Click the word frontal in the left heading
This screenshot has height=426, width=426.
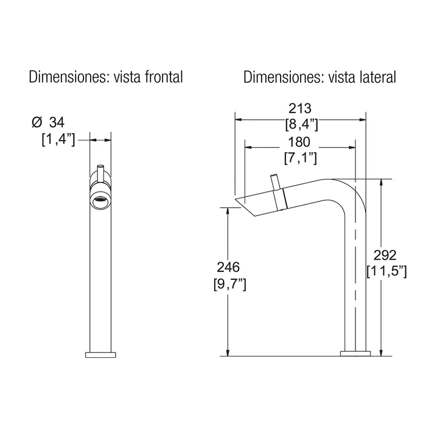[x=164, y=77]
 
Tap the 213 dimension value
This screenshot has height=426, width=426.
[x=300, y=108]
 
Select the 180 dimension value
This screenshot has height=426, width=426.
[x=299, y=142]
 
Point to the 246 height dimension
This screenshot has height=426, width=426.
[x=228, y=267]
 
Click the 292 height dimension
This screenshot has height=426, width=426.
[x=385, y=255]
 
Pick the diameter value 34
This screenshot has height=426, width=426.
[x=57, y=122]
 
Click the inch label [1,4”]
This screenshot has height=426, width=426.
[x=58, y=139]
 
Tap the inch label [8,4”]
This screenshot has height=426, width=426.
[x=302, y=124]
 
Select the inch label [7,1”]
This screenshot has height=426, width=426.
[x=301, y=158]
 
